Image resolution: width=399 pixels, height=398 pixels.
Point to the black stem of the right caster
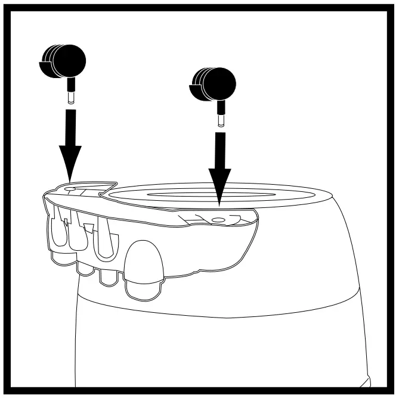coord(221,108)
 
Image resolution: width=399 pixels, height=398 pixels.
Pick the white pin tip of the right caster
coord(221,121)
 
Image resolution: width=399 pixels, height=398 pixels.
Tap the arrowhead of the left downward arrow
coord(70,169)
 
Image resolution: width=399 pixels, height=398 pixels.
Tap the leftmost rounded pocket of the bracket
coord(57,232)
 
